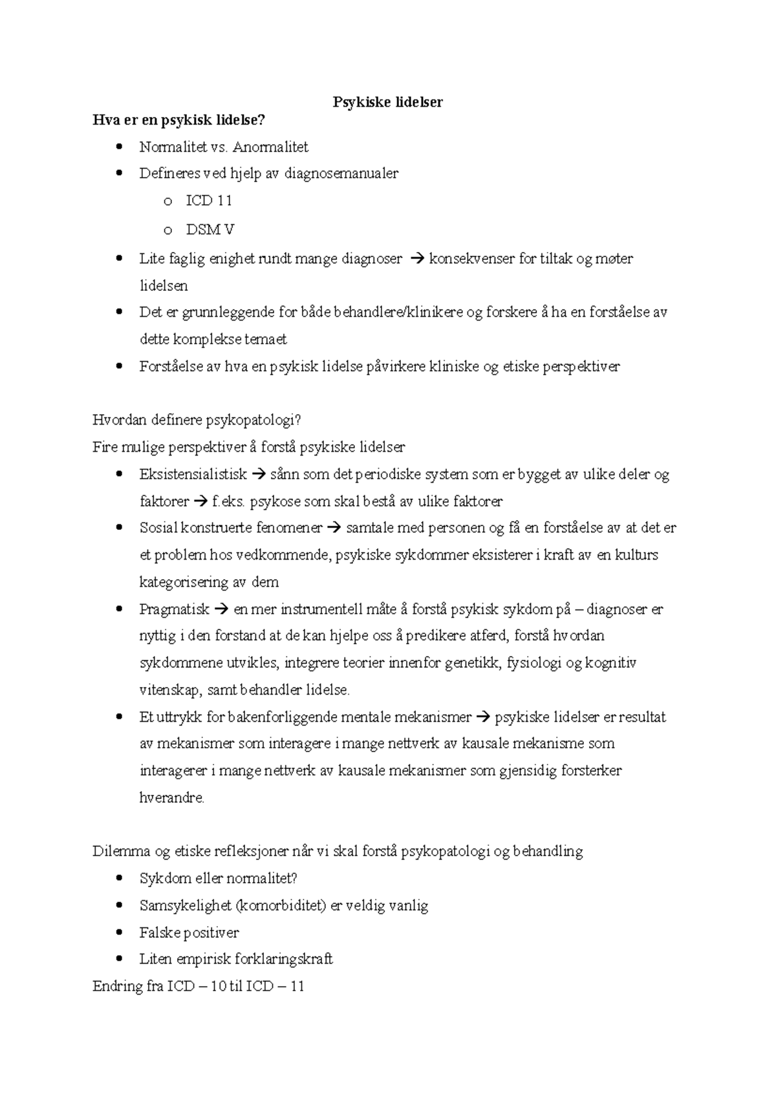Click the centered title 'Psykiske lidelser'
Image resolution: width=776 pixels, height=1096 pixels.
(387, 102)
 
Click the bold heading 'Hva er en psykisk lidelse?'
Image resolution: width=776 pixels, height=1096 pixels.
(179, 120)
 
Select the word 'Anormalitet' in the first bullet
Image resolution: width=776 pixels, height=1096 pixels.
(270, 147)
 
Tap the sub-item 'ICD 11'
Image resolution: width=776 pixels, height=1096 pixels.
(208, 201)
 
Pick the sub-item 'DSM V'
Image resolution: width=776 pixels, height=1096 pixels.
(210, 229)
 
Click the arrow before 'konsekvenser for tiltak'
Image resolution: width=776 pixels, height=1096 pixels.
(416, 259)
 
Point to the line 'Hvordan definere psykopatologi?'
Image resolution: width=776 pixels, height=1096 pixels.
(197, 420)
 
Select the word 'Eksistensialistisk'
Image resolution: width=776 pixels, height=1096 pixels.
(193, 474)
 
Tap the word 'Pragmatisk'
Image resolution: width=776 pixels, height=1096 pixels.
(174, 609)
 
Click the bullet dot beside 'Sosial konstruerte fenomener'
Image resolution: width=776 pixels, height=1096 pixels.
(118, 528)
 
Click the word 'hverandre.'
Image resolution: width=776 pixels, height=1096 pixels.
(171, 798)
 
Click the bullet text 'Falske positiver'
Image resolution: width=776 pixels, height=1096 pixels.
(189, 933)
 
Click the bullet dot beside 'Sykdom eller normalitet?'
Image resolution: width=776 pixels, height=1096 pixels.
(118, 879)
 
